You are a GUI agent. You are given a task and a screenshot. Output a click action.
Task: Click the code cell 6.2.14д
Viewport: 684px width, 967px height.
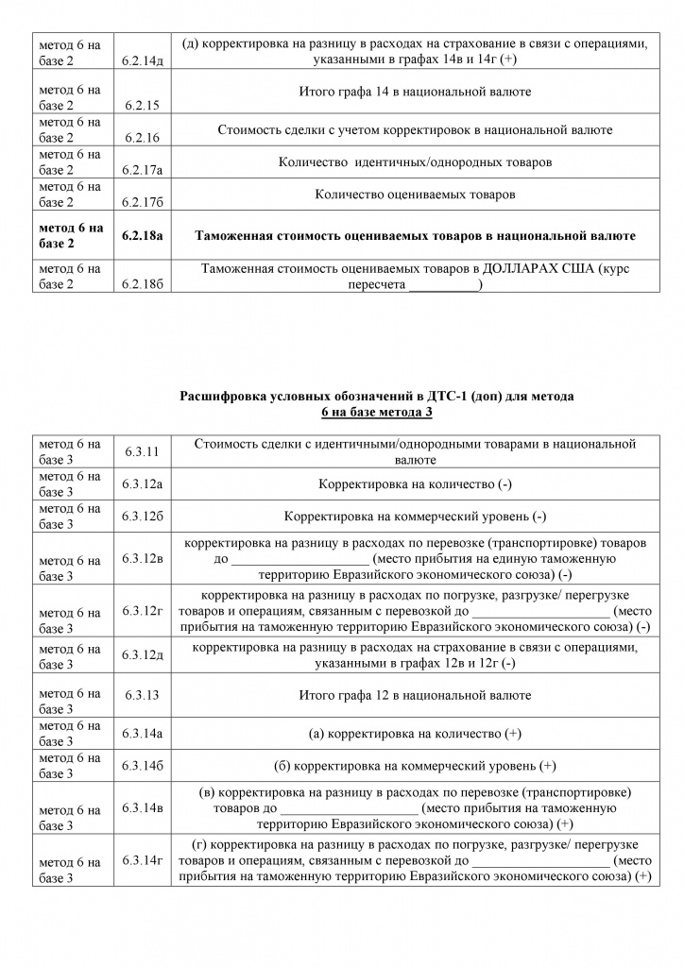(143, 60)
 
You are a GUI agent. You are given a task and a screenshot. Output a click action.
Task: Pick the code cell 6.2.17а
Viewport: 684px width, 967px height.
(143, 170)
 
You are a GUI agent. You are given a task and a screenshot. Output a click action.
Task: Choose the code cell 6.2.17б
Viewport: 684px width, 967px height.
(143, 202)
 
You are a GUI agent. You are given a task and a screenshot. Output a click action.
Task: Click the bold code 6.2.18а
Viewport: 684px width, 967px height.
(143, 235)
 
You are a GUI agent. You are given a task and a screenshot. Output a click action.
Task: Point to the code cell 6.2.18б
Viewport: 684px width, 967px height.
(143, 284)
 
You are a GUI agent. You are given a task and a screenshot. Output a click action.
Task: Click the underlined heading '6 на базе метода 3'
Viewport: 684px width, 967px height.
(376, 412)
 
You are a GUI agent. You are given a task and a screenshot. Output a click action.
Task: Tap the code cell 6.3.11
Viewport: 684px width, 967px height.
(141, 451)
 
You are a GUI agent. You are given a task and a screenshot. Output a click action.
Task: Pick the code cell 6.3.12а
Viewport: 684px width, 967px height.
(143, 483)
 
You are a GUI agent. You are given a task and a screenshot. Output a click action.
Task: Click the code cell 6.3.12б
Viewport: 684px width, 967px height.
(143, 516)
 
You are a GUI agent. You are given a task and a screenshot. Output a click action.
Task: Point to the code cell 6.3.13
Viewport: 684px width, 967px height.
(141, 695)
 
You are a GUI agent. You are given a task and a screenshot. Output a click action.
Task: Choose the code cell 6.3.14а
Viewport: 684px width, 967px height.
(143, 733)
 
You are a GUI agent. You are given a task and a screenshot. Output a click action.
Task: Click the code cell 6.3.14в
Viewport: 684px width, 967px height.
(143, 807)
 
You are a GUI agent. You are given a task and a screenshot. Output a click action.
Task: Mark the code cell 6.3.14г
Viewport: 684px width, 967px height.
(143, 859)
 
